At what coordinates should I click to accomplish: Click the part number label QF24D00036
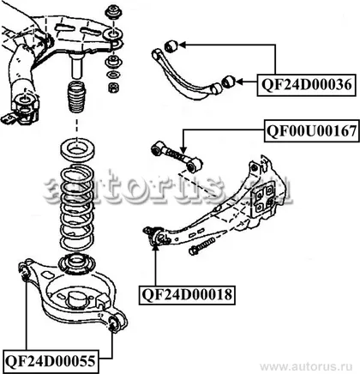pyautogui.click(x=307, y=85)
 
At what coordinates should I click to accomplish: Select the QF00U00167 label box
pyautogui.click(x=312, y=130)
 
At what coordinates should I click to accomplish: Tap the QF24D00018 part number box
pyautogui.click(x=187, y=294)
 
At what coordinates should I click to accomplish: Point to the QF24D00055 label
pyautogui.click(x=50, y=360)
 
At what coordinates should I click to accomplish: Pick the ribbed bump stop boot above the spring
pyautogui.click(x=76, y=97)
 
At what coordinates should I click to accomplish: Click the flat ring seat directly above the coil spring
pyautogui.click(x=77, y=149)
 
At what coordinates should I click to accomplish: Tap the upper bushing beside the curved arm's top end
pyautogui.click(x=171, y=45)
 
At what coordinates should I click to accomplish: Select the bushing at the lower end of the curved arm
pyautogui.click(x=228, y=81)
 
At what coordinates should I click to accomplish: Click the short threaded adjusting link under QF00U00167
pyautogui.click(x=177, y=157)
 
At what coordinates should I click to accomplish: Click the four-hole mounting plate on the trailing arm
pyautogui.click(x=264, y=199)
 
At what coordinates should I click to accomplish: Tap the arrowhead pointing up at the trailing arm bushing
pyautogui.click(x=156, y=246)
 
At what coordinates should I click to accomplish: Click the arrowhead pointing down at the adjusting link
pyautogui.click(x=183, y=149)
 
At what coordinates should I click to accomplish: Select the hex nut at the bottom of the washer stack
pyautogui.click(x=114, y=87)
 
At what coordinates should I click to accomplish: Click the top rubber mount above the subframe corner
pyautogui.click(x=113, y=11)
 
